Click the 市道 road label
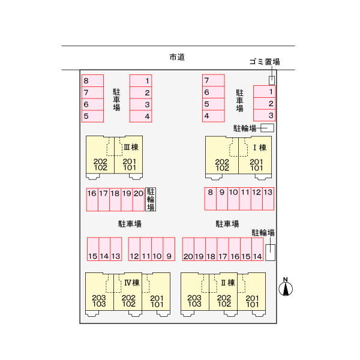(x=177, y=57)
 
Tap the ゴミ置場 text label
(x=265, y=62)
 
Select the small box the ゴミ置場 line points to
(x=272, y=80)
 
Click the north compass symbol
(x=286, y=288)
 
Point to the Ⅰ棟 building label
(x=260, y=148)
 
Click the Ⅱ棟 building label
(x=228, y=283)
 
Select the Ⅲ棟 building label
(x=131, y=147)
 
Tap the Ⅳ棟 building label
(x=132, y=283)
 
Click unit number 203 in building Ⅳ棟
(x=99, y=298)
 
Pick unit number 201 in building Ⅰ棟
(x=256, y=162)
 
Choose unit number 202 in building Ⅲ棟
(x=100, y=161)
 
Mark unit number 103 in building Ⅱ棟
(x=194, y=304)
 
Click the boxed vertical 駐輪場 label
(x=151, y=199)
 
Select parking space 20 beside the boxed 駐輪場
(x=139, y=199)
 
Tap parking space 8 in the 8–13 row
(x=211, y=199)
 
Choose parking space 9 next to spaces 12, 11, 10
(x=169, y=249)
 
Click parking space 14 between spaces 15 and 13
(x=104, y=249)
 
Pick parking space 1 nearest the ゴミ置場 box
(x=264, y=92)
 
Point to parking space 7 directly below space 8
(x=92, y=92)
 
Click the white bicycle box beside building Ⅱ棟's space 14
(x=270, y=253)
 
